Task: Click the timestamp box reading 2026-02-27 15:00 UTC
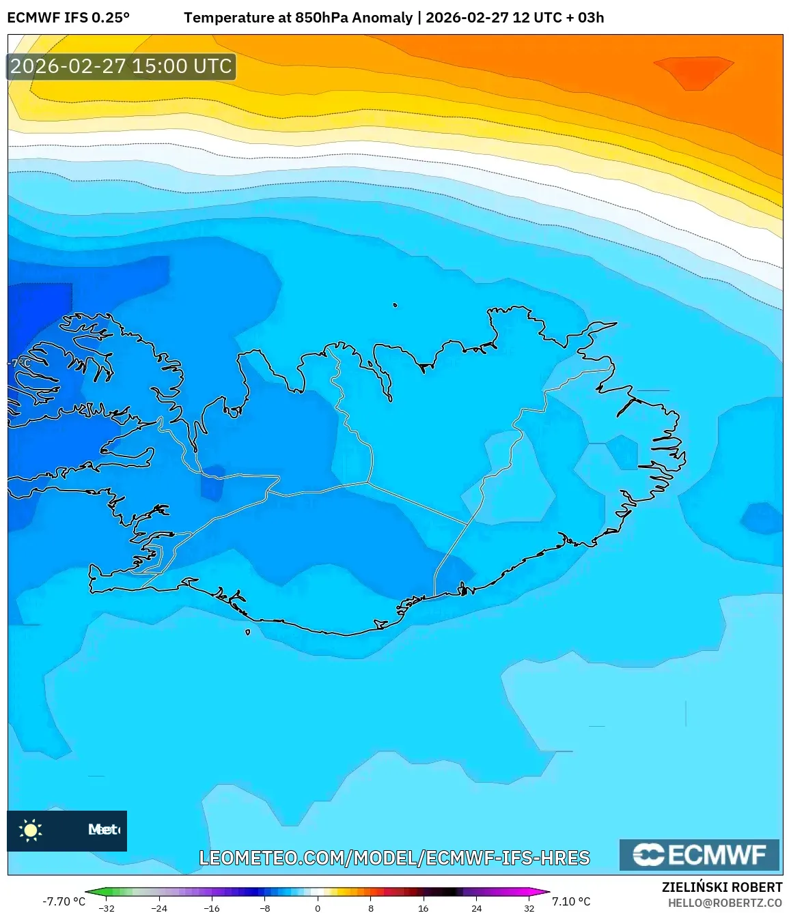(x=122, y=66)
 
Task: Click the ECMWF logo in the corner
(x=699, y=855)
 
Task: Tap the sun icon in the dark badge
(x=31, y=830)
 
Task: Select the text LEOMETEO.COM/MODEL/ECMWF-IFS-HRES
(x=394, y=858)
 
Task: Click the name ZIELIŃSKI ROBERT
(x=721, y=887)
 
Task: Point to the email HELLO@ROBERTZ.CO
(x=724, y=902)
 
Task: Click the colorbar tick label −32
(x=106, y=908)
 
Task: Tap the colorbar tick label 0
(x=318, y=908)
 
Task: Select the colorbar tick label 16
(x=423, y=908)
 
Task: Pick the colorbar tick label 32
(x=529, y=908)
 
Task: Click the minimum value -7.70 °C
(x=64, y=901)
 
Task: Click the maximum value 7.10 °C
(x=571, y=901)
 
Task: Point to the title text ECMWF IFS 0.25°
(x=68, y=18)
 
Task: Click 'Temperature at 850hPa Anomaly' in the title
(x=298, y=18)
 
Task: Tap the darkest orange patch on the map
(x=693, y=72)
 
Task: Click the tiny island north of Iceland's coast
(x=395, y=305)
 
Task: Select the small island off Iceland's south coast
(x=247, y=632)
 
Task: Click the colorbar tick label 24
(x=476, y=908)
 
